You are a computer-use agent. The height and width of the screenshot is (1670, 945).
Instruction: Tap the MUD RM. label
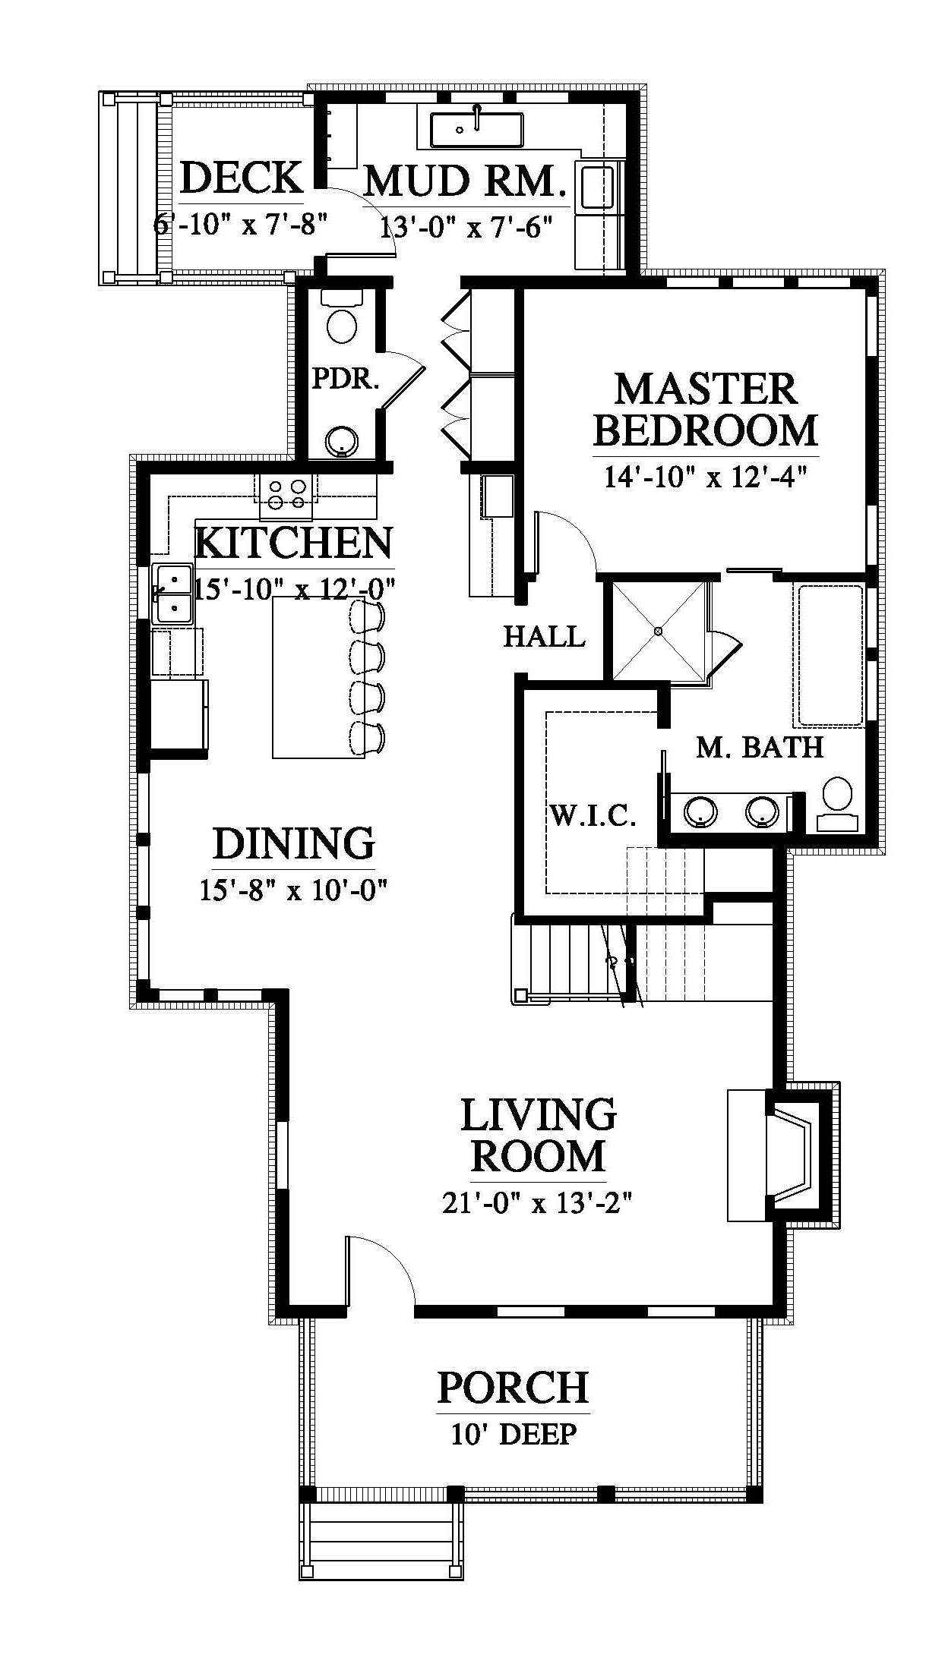click(x=466, y=182)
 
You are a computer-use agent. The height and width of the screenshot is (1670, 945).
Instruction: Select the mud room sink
click(x=476, y=129)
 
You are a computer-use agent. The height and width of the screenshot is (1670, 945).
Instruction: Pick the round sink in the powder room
click(x=342, y=440)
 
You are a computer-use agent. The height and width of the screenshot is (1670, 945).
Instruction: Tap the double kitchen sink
click(x=172, y=594)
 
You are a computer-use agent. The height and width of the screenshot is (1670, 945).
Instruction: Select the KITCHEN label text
click(x=294, y=543)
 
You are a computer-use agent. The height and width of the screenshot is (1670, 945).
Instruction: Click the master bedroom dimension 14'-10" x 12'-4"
click(x=704, y=477)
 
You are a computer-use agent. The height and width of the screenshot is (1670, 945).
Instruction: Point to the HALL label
click(x=545, y=636)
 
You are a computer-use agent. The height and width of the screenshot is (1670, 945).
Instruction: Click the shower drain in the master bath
click(x=658, y=631)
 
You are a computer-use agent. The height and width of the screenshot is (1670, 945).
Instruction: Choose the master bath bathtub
click(x=830, y=655)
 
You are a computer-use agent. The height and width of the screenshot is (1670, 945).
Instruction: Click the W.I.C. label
click(x=592, y=815)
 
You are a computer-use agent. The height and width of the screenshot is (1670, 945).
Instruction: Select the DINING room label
click(x=293, y=843)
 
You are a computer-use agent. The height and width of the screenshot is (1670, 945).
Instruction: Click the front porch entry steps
click(x=381, y=1539)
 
